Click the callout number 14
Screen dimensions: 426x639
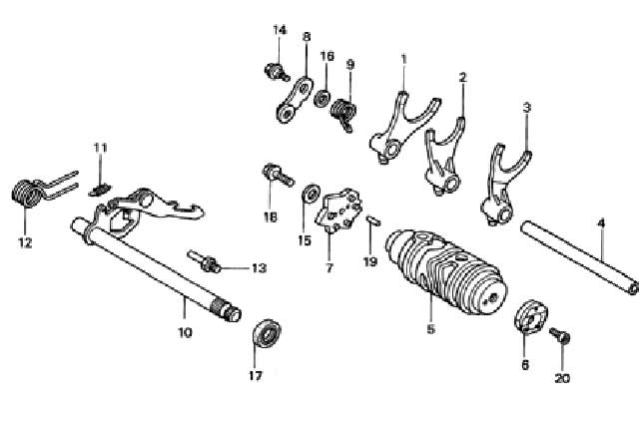coord(280,30)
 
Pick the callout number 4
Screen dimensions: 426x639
coord(601,226)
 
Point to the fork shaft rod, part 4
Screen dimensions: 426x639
coord(579,258)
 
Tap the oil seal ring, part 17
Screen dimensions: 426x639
coord(267,333)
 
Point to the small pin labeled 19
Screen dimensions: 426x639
coord(369,222)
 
